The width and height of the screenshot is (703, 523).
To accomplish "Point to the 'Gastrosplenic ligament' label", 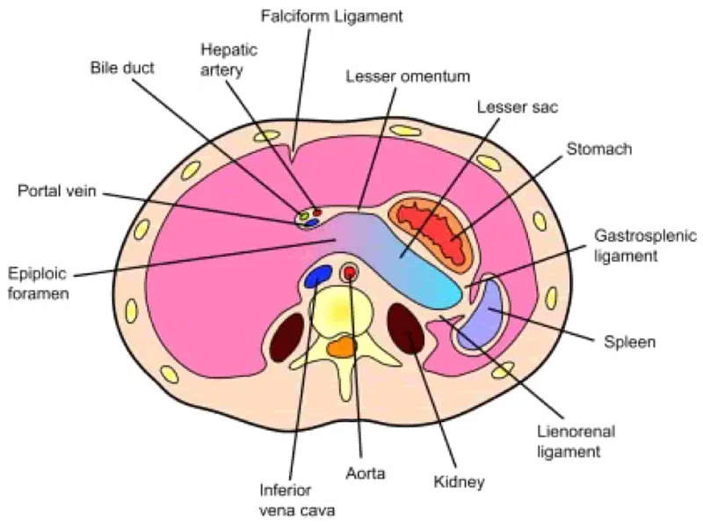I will [x=645, y=246].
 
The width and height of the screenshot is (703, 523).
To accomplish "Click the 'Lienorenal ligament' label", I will [x=575, y=442].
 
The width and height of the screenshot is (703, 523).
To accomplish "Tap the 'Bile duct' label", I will [x=122, y=68].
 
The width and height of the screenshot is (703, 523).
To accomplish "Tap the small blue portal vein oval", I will [x=310, y=222].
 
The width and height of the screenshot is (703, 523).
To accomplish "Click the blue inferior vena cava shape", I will [x=316, y=277].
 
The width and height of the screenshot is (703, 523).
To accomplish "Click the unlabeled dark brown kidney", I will [x=286, y=338].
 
